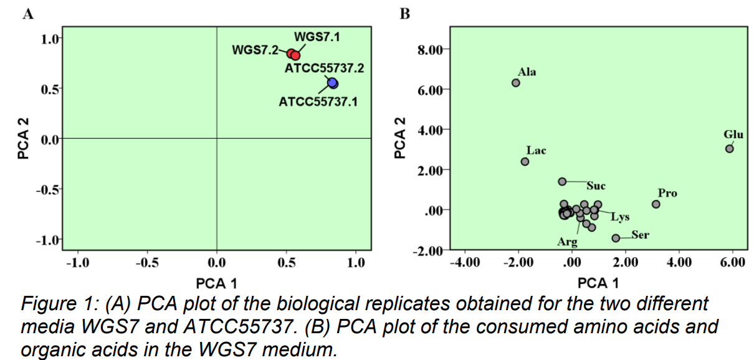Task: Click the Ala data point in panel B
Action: (516, 83)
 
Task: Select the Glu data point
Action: (729, 148)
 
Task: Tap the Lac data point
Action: (525, 161)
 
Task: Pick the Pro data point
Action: (656, 204)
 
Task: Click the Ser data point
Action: (616, 238)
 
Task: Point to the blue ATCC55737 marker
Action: (333, 83)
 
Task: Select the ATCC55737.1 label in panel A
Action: (318, 101)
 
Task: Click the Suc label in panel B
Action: (596, 186)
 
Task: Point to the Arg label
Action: (566, 242)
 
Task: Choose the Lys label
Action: (620, 217)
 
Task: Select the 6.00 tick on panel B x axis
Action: (732, 262)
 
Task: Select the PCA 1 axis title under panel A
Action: (216, 284)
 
